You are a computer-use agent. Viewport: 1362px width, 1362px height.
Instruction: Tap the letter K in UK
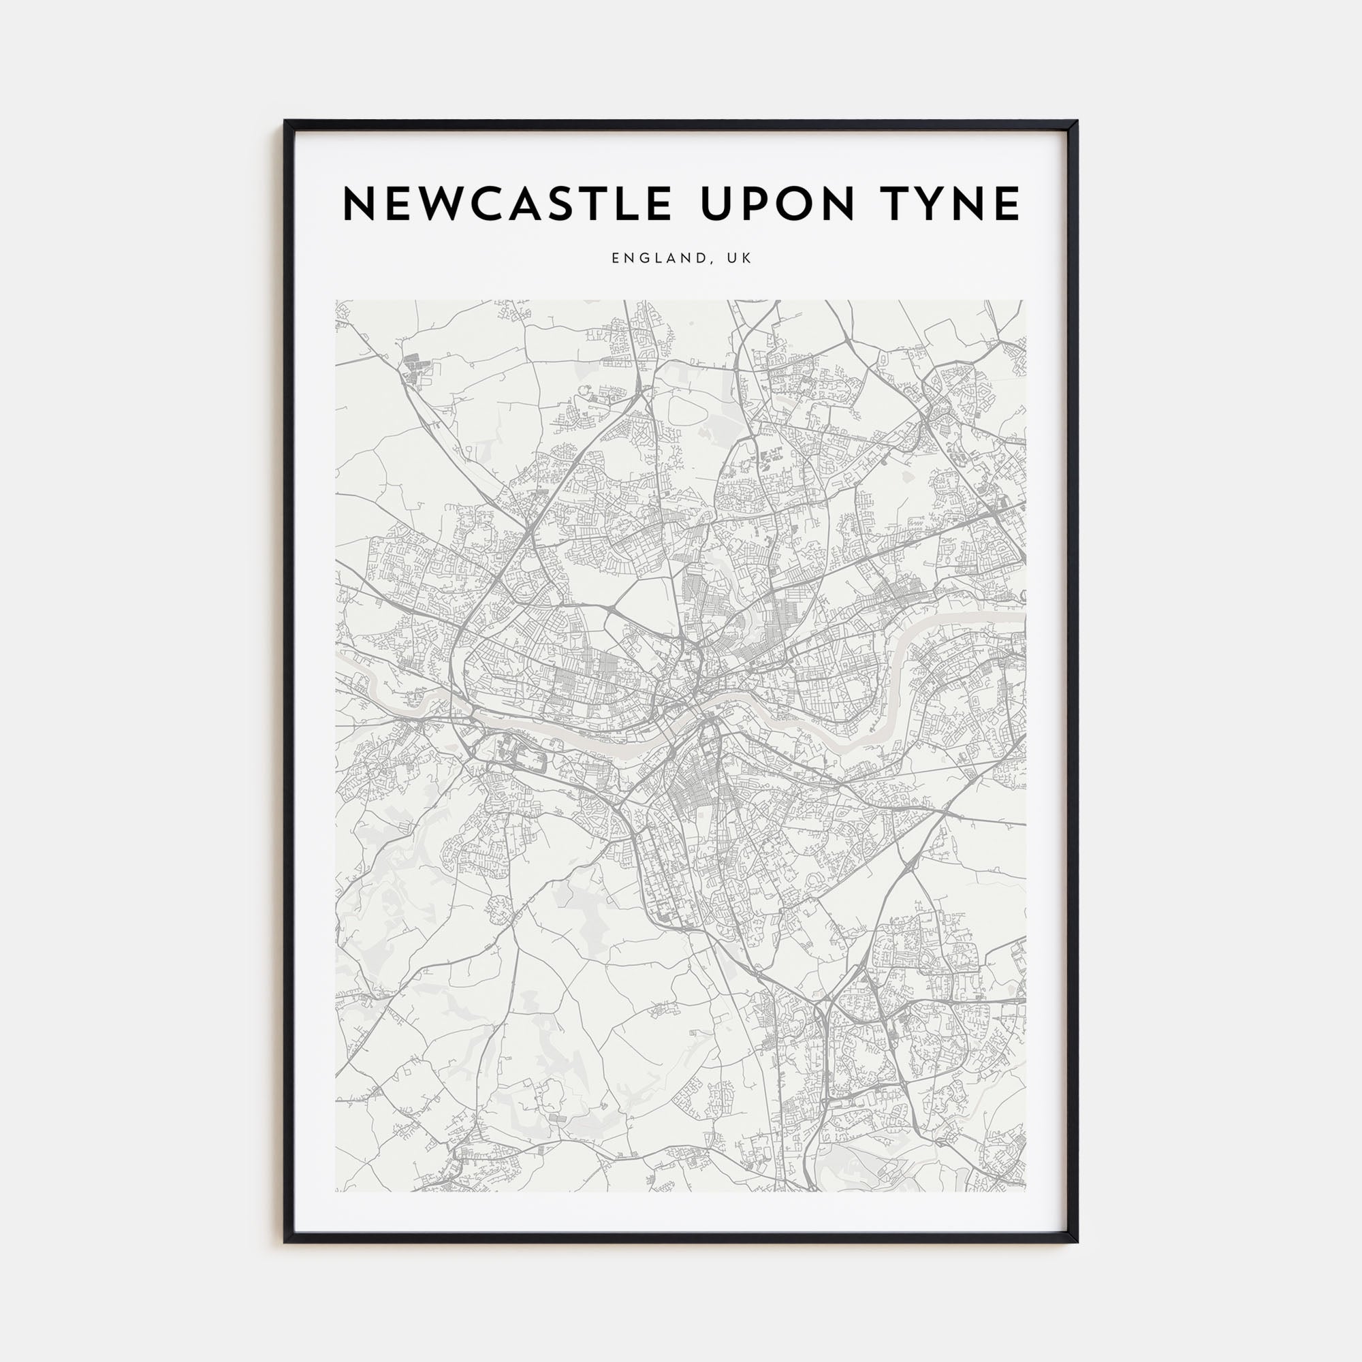click(747, 259)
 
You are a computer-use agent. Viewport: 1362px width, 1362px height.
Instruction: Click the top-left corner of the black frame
click(285, 121)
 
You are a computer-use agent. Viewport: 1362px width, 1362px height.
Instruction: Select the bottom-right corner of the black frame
click(1077, 1241)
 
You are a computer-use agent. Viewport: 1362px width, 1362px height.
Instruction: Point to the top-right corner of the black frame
click(1077, 121)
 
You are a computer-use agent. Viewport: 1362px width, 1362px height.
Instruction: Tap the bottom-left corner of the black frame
click(285, 1241)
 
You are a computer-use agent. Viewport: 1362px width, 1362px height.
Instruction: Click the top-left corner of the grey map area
click(336, 301)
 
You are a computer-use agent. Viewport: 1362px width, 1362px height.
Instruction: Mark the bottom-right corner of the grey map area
click(1026, 1190)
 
